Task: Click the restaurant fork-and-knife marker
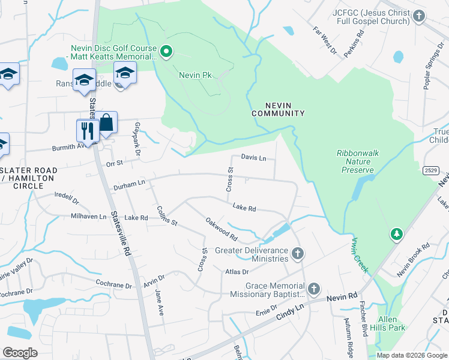(x=88, y=131)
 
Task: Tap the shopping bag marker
(x=106, y=123)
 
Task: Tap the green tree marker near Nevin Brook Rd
(x=396, y=233)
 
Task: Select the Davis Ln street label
(x=253, y=158)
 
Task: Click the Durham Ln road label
(x=129, y=187)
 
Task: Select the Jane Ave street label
(x=159, y=303)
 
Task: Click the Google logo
(x=20, y=353)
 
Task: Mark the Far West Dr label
(x=326, y=40)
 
